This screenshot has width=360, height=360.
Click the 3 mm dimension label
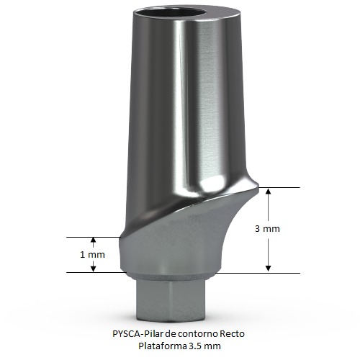click(267, 229)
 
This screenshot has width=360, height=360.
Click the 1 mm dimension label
click(92, 255)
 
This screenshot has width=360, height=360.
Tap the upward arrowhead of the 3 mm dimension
click(269, 192)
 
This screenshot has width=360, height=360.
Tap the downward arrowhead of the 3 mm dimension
click(269, 269)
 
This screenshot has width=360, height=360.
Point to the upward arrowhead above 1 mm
click(94, 240)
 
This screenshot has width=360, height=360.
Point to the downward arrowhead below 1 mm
click(94, 269)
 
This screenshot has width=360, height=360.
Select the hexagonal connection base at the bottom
click(171, 302)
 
